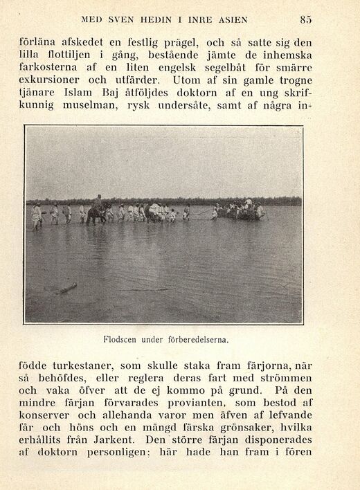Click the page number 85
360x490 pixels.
305,19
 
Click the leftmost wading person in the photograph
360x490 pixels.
37,216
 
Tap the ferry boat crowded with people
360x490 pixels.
240,210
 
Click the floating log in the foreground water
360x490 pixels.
65,288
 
